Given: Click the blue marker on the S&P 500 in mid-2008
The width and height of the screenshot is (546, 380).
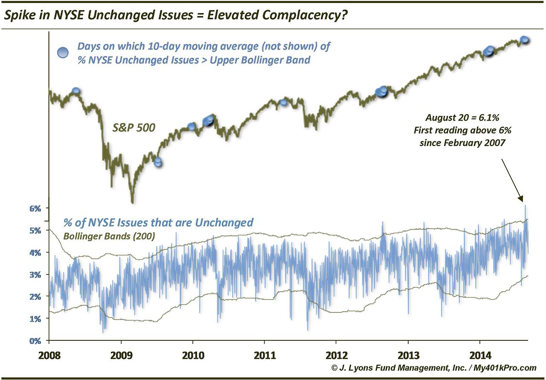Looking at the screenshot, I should tap(76, 91).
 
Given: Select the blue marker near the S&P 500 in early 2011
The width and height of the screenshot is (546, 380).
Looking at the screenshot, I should tap(284, 102).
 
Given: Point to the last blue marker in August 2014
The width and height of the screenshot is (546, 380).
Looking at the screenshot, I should tap(525, 40).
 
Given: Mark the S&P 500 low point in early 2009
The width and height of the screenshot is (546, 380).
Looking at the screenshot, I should tap(132, 202).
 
